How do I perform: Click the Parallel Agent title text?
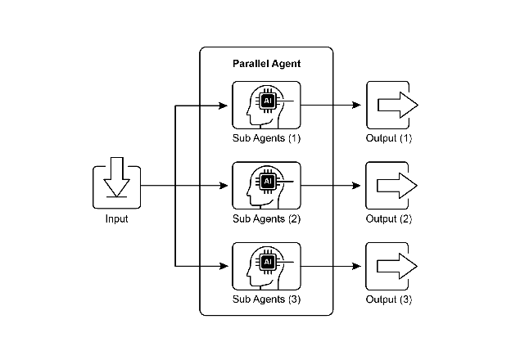pyautogui.click(x=267, y=64)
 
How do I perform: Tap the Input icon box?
pyautogui.click(x=116, y=187)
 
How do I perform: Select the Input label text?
pyautogui.click(x=116, y=218)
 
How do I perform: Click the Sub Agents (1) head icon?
pyautogui.click(x=266, y=106)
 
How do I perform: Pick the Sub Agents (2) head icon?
pyautogui.click(x=266, y=186)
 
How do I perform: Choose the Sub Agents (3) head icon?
pyautogui.click(x=266, y=266)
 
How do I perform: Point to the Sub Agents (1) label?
pyautogui.click(x=267, y=138)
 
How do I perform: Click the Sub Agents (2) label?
pyautogui.click(x=267, y=218)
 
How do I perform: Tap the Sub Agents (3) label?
pyautogui.click(x=267, y=299)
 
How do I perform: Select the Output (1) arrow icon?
pyautogui.click(x=391, y=106)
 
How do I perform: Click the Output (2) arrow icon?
pyautogui.click(x=391, y=186)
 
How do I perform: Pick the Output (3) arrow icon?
pyautogui.click(x=391, y=266)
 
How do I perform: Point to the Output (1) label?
pyautogui.click(x=389, y=138)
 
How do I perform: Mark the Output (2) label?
pyautogui.click(x=389, y=218)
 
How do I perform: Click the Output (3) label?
pyautogui.click(x=389, y=299)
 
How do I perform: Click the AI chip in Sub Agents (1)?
pyautogui.click(x=267, y=101)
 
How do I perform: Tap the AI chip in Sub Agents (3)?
pyautogui.click(x=267, y=261)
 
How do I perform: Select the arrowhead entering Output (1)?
pyautogui.click(x=356, y=106)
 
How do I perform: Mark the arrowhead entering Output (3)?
pyautogui.click(x=356, y=266)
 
